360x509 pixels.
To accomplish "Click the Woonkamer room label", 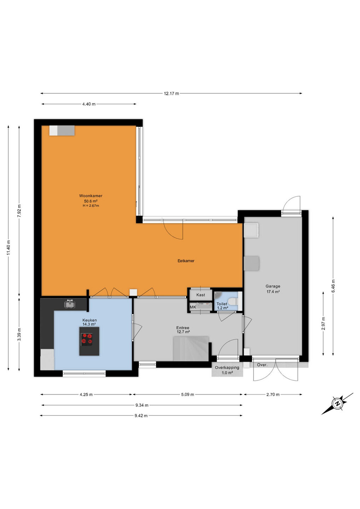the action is pos(91,196).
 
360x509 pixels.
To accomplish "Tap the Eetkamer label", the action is pos(186,261).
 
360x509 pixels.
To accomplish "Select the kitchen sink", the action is pos(70,304).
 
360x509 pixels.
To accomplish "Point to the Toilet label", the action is pos(222,304).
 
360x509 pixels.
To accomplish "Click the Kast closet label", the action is pos(201,295).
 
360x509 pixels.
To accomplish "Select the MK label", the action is pos(193,307).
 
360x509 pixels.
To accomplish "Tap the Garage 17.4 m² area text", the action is pos(273,292).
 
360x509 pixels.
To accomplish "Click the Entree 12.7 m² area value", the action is pos(183,332).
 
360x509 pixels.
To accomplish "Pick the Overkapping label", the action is pos(227,368).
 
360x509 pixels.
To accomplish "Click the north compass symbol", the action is pos(337,404).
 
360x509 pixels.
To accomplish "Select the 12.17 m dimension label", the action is pos(172,93).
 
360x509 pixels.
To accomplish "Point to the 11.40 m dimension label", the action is pos(8,248).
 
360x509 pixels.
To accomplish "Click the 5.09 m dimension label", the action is pos(187,394).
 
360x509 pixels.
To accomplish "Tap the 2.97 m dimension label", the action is pos(324,323).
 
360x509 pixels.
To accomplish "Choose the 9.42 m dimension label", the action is pos(141,416).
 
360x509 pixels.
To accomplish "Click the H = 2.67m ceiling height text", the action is pos(91,206).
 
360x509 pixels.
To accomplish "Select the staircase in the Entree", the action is pos(191,349).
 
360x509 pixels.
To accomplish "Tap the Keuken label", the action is pos(89,320).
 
